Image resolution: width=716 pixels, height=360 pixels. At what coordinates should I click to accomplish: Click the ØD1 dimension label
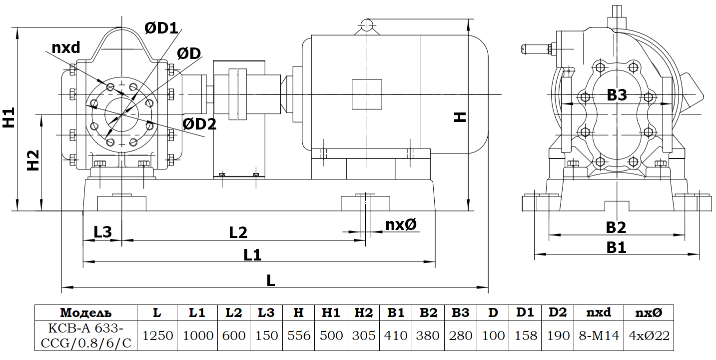161,28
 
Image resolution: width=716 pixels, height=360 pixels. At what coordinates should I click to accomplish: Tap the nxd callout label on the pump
66,47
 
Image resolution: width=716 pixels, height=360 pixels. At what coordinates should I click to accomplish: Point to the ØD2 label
199,124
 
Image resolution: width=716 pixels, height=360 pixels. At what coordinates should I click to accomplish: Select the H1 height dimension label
8,117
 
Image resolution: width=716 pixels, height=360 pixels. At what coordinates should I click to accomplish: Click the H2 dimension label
33,160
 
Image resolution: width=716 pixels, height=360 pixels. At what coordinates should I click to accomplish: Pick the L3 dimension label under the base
102,232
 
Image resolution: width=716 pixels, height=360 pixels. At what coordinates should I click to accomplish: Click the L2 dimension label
238,232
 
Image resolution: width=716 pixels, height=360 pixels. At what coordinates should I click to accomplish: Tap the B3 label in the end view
617,95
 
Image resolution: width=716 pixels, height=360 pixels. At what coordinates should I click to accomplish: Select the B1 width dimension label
616,247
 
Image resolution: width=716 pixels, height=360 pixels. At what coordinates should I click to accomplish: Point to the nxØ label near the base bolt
401,224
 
